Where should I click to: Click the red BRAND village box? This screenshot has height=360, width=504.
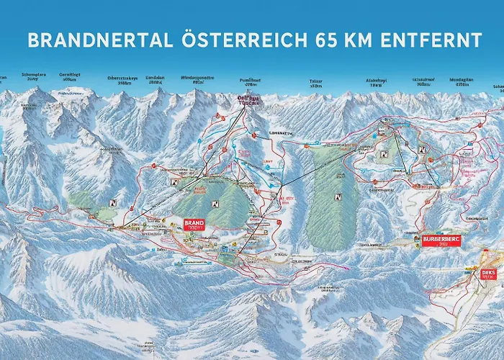[194, 225]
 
